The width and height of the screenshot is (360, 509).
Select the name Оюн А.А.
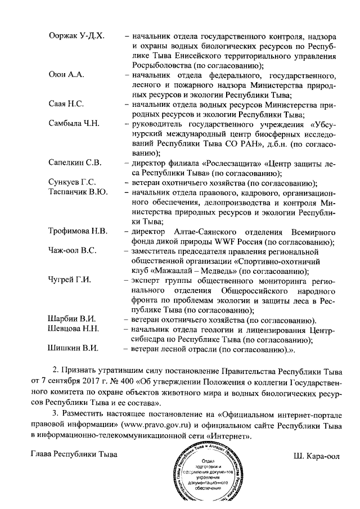point(66,75)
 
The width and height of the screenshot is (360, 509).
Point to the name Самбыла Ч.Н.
point(74,124)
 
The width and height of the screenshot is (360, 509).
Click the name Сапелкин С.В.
point(75,163)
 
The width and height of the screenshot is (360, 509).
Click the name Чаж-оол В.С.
point(73,250)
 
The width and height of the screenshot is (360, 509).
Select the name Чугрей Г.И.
point(70,280)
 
